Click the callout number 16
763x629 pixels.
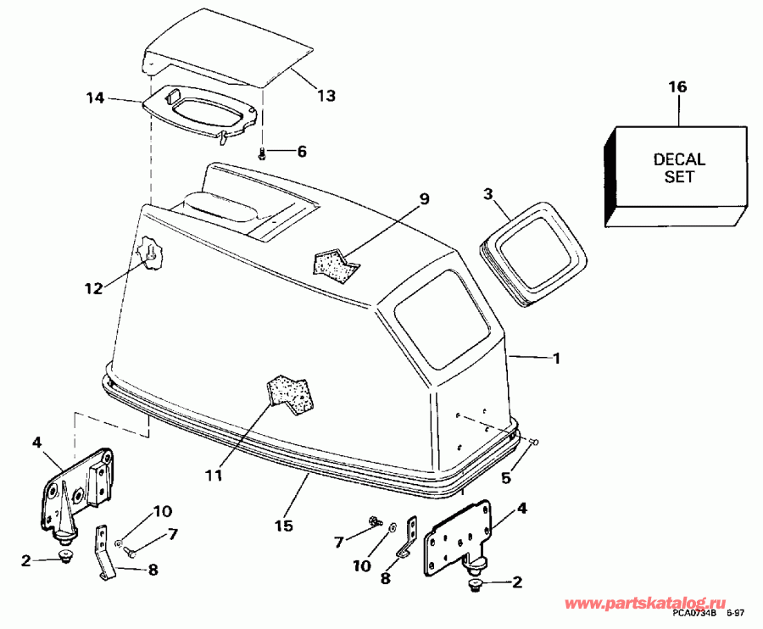tap(677, 86)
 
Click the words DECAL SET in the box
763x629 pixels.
tap(679, 168)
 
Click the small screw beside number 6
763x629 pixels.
tap(263, 153)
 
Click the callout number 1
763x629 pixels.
tap(557, 359)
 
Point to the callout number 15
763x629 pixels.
tap(285, 526)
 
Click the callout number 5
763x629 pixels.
tap(506, 477)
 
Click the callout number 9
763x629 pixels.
tap(425, 199)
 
